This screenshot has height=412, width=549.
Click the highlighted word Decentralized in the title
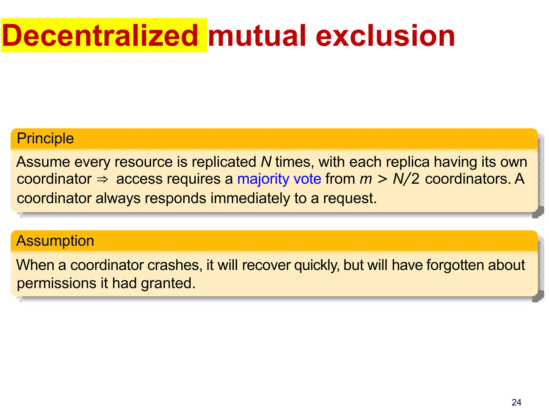(x=100, y=36)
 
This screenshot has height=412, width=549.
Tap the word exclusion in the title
(x=385, y=36)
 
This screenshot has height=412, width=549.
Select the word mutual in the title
(x=257, y=36)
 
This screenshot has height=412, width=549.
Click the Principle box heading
(x=45, y=138)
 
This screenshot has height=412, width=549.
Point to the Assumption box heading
(x=55, y=241)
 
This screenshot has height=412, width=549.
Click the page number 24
(x=516, y=402)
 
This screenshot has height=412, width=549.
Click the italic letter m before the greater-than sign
(x=366, y=179)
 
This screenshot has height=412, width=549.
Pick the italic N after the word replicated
(x=266, y=162)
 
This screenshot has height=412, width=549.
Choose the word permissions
(x=57, y=283)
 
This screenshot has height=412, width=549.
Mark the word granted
(x=168, y=283)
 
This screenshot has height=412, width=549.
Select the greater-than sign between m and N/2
(x=382, y=179)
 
